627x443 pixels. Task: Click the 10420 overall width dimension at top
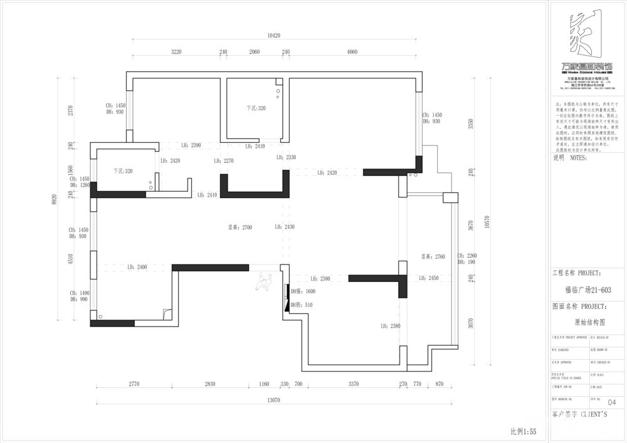273,36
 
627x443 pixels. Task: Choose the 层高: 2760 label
433,256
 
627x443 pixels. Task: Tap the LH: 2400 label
137,267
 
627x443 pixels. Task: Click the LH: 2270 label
224,161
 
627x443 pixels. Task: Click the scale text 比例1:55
524,432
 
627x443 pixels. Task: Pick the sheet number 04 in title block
612,402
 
